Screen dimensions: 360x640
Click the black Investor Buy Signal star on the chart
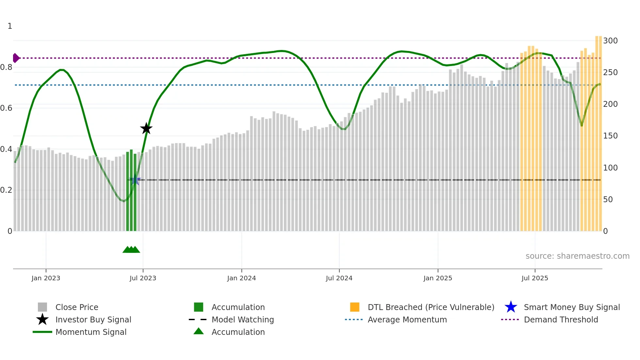(146, 128)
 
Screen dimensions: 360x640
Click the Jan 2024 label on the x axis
(241, 278)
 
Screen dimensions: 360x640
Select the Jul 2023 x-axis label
(143, 278)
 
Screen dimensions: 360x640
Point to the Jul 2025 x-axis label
(535, 278)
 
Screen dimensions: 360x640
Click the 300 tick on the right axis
(610, 41)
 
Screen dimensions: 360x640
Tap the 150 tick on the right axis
(610, 136)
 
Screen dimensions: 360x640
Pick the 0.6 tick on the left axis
(6, 108)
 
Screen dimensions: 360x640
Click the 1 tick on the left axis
(10, 26)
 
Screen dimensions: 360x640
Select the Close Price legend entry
(76, 307)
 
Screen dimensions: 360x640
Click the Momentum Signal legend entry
(91, 332)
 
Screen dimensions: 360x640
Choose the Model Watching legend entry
(242, 319)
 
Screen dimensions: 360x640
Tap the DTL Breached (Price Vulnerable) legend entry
(431, 307)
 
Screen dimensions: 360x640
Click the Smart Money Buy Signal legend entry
(571, 307)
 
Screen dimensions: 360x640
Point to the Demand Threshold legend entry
(561, 319)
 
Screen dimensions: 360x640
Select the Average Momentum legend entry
(407, 319)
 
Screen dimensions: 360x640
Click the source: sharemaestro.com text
(577, 256)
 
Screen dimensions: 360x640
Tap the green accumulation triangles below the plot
(131, 250)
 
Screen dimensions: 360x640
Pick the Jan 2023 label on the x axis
(46, 278)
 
